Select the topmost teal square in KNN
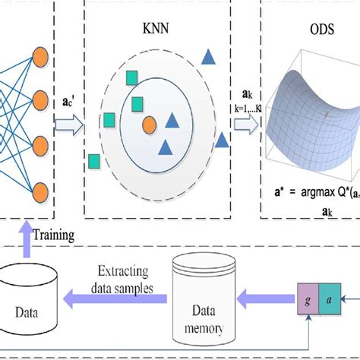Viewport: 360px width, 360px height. pos(132,77)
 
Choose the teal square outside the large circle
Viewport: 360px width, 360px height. pos(94,160)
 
